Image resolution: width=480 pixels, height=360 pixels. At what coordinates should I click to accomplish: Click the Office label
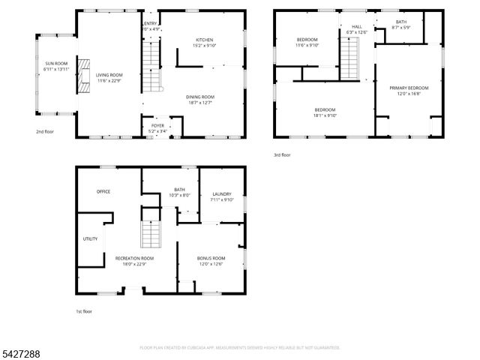[x=103, y=191]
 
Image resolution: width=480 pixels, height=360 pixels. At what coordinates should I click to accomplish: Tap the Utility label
[x=90, y=238]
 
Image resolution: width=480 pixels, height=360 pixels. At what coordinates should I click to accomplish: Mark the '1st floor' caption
[x=83, y=311]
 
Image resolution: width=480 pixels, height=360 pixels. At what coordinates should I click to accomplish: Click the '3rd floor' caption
[x=281, y=155]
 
